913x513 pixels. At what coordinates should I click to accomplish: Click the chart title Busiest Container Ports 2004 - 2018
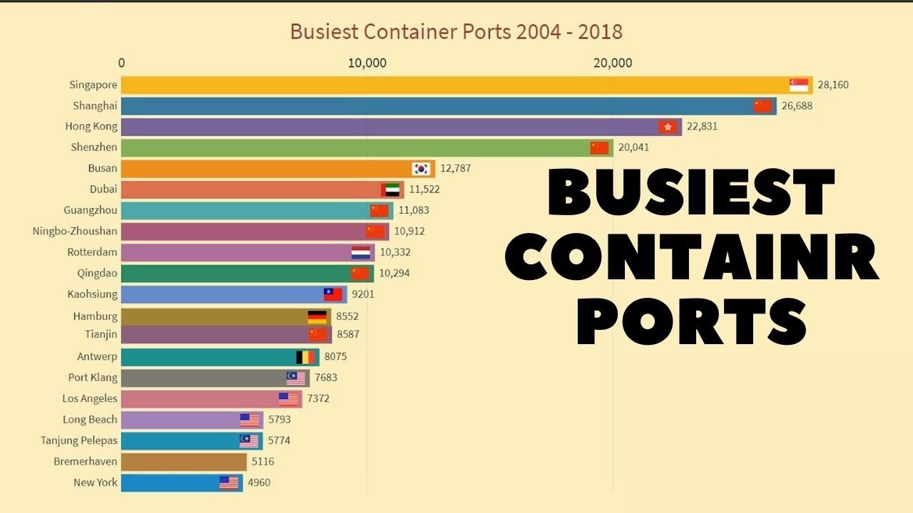pyautogui.click(x=456, y=31)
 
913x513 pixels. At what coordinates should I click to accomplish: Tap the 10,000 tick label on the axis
pyautogui.click(x=367, y=63)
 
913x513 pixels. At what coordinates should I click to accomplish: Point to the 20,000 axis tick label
pyautogui.click(x=613, y=63)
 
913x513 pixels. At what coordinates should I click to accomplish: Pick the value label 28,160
pyautogui.click(x=833, y=85)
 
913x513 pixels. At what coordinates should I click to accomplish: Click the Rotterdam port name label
pyautogui.click(x=92, y=252)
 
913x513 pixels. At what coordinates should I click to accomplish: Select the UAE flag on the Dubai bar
pyautogui.click(x=391, y=190)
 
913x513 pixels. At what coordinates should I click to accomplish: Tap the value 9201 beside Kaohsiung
pyautogui.click(x=363, y=294)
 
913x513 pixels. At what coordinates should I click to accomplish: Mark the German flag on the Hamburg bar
pyautogui.click(x=317, y=316)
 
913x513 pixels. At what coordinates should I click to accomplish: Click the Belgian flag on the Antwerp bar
pyautogui.click(x=305, y=357)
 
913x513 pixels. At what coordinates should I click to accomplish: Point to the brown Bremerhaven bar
pyautogui.click(x=183, y=462)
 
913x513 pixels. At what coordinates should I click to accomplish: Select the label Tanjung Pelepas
pyautogui.click(x=79, y=440)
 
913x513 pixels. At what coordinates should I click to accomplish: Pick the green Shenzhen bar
pyautogui.click(x=357, y=148)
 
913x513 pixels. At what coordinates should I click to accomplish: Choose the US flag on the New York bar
pyautogui.click(x=229, y=483)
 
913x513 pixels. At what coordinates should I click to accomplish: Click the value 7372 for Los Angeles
pyautogui.click(x=318, y=398)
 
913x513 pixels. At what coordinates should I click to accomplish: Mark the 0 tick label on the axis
pyautogui.click(x=122, y=63)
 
